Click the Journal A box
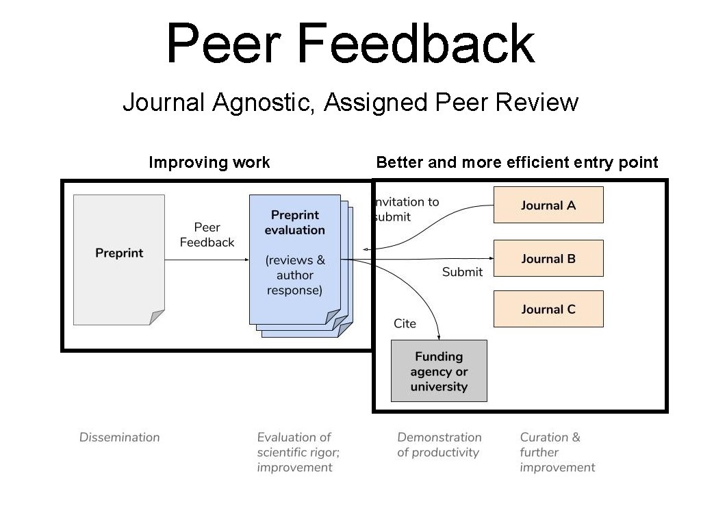click(548, 205)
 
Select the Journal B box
click(548, 258)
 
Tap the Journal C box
click(548, 309)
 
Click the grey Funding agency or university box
click(439, 371)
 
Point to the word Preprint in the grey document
click(119, 253)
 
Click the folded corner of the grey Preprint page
click(157, 316)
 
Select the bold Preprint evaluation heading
click(294, 223)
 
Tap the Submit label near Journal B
click(462, 272)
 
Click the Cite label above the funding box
click(405, 323)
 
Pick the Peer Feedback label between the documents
click(207, 235)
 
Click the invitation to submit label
click(407, 210)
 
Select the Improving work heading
click(209, 162)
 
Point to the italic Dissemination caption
click(119, 437)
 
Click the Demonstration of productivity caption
click(439, 444)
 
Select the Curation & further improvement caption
click(557, 452)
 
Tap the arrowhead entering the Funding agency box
click(439, 337)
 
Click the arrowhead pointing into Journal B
click(491, 258)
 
